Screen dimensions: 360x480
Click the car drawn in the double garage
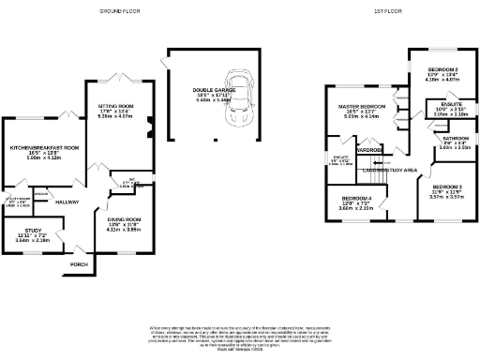tap(241, 94)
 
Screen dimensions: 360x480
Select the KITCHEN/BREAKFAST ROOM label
tap(43, 148)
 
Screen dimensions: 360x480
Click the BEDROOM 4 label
tap(355, 198)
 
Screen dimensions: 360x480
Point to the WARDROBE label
tap(367, 148)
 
